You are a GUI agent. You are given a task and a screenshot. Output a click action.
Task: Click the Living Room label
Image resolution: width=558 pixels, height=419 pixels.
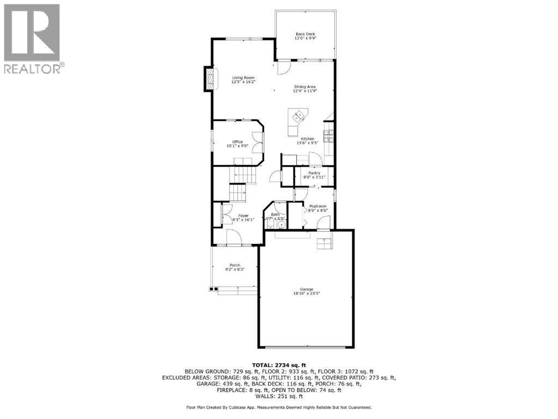243,78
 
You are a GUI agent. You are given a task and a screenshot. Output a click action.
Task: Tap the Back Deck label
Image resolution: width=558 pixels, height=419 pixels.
305,34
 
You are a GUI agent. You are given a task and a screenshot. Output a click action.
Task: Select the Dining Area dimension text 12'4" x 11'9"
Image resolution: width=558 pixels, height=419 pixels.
305,91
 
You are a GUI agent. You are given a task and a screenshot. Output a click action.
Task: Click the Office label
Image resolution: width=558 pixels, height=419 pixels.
237,142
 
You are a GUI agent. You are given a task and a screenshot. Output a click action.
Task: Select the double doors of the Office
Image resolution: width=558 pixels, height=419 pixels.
257,142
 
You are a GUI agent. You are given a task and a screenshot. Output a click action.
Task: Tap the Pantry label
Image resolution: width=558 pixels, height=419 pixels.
314,173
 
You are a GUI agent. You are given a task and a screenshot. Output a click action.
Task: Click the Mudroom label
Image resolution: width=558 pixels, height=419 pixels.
317,206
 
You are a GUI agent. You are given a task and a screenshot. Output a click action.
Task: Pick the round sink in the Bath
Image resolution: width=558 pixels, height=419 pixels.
282,224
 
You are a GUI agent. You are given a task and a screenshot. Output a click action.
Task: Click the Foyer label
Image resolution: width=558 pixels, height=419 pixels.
243,216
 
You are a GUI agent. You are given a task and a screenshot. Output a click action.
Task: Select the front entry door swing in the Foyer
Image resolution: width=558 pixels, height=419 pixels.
235,238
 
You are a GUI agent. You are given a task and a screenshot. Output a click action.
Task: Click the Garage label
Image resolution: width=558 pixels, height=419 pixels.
306,290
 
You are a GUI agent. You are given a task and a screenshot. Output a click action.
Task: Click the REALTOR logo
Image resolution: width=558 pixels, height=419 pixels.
32,38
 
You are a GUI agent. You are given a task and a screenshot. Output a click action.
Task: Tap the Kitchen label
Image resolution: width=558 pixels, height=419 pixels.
307,139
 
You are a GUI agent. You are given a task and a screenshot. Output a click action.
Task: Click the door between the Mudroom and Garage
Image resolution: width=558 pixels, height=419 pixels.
324,223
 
